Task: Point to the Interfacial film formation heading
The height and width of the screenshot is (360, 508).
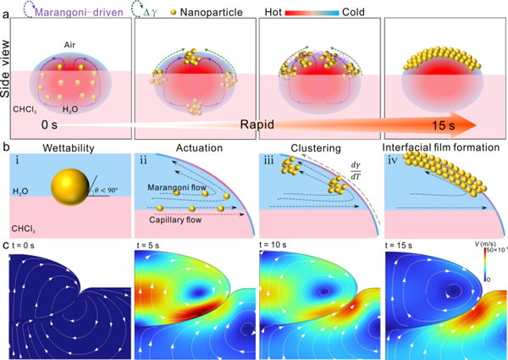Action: pyautogui.click(x=442, y=147)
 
